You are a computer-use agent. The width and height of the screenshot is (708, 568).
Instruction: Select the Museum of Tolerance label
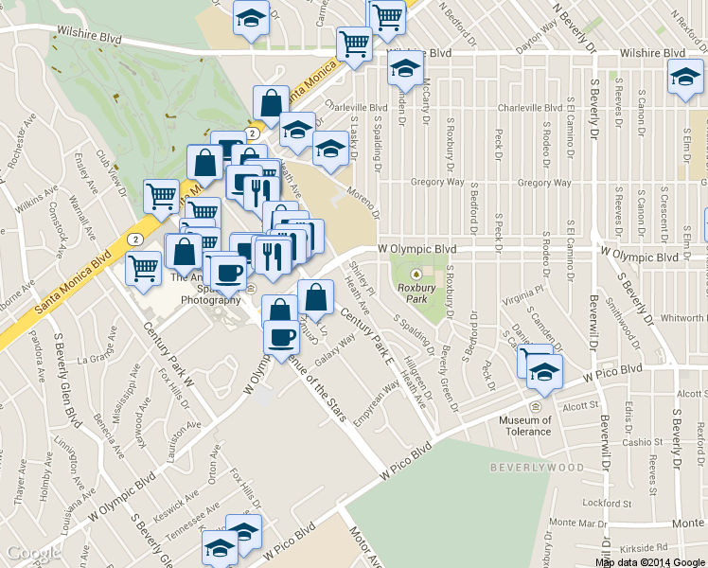[x=524, y=426]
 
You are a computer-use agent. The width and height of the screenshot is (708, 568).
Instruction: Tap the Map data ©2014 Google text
[x=648, y=562]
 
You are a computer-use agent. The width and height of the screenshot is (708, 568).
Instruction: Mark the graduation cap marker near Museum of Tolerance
[x=543, y=371]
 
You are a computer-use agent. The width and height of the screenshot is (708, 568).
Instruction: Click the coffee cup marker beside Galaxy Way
[x=280, y=338]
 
